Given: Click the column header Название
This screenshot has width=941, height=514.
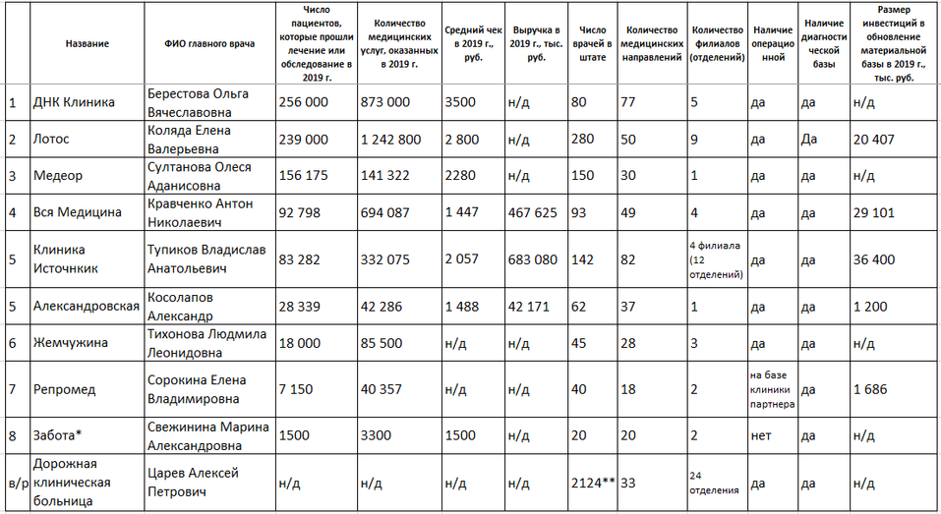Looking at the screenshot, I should (x=87, y=44).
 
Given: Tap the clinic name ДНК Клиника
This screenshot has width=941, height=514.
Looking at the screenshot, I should (x=74, y=102).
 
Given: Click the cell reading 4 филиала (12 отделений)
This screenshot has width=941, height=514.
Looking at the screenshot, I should (x=716, y=259).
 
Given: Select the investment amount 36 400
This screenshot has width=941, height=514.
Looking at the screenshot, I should (x=874, y=259).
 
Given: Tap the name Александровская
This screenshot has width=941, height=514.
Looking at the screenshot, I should (x=87, y=306).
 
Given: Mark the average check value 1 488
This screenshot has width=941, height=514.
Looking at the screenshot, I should (x=463, y=306).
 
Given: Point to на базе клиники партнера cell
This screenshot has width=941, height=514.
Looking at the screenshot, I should (x=772, y=389).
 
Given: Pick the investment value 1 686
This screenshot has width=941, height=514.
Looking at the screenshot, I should (x=870, y=389).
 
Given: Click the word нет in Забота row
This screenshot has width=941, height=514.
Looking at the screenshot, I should (x=758, y=435).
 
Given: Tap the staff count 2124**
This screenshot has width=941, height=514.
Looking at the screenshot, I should (x=593, y=483).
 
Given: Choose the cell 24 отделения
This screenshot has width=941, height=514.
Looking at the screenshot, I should (x=716, y=483).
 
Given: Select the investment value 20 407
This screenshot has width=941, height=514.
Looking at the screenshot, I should (x=874, y=139).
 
